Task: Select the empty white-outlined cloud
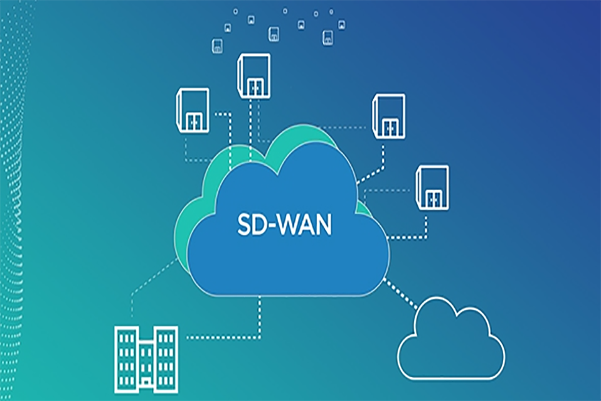(x=451, y=338)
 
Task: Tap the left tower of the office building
(x=127, y=360)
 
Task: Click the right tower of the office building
(x=166, y=360)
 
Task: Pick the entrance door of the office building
(x=146, y=383)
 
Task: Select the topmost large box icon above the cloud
(x=253, y=76)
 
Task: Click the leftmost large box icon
(x=193, y=110)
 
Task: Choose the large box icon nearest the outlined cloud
(x=432, y=188)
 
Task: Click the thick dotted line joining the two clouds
(x=400, y=294)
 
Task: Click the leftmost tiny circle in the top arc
(x=235, y=11)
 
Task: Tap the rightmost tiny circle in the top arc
(x=331, y=12)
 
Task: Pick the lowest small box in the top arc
(x=217, y=46)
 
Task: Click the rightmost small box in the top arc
(x=341, y=25)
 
